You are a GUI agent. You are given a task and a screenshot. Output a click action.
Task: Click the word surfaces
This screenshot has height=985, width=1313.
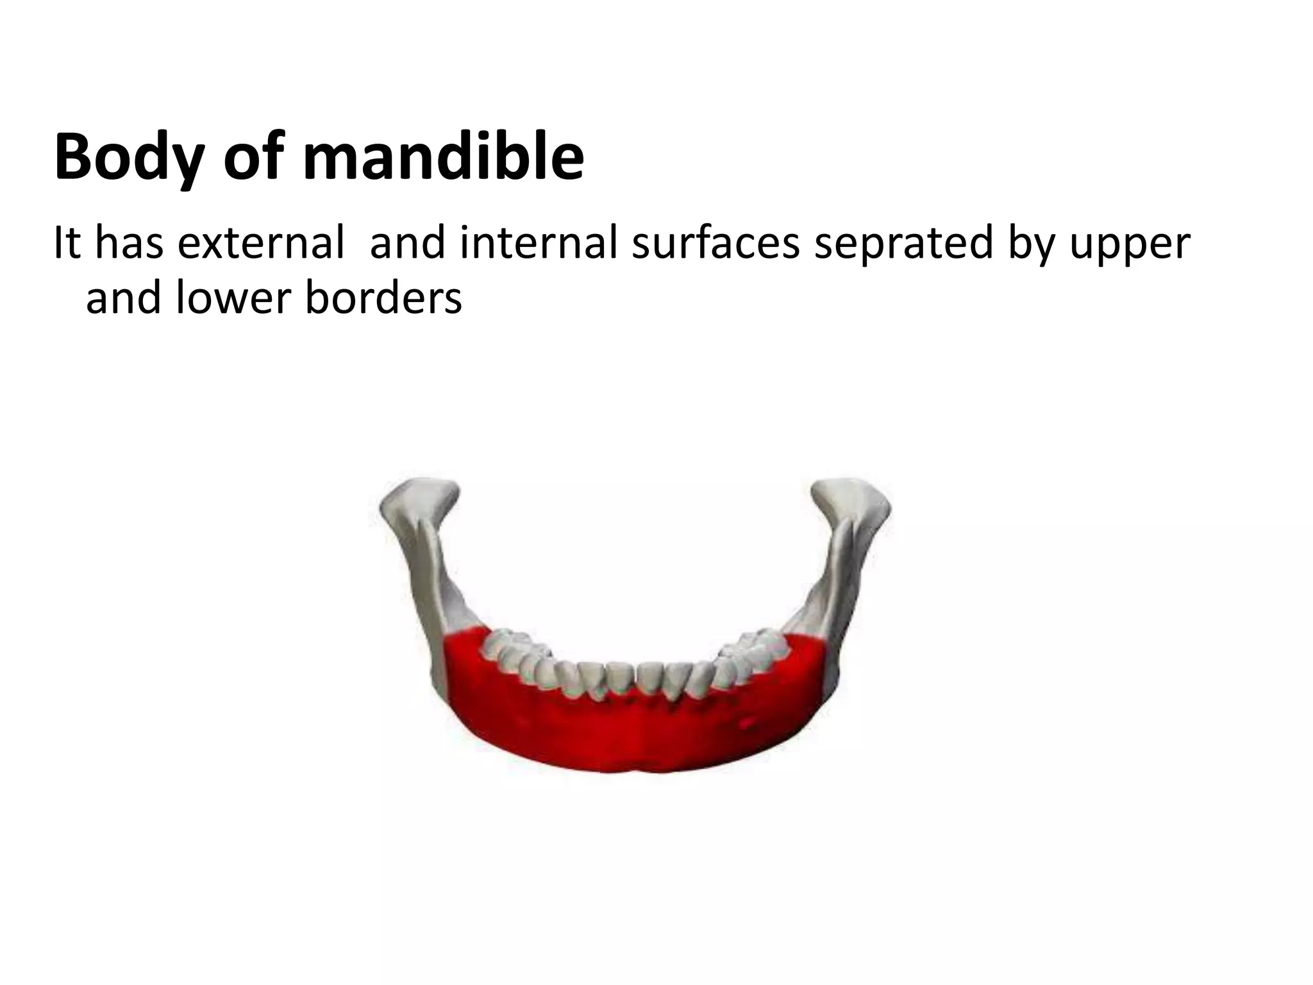pyautogui.click(x=715, y=244)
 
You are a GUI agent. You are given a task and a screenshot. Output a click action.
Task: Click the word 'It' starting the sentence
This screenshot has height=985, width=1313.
pyautogui.click(x=66, y=244)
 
